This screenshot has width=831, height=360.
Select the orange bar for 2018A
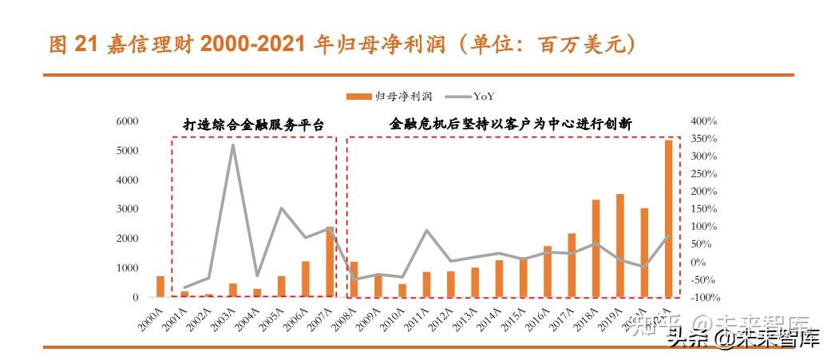[x=596, y=248]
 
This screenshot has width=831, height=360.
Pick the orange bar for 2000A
[x=160, y=287]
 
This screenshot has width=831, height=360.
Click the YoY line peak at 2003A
[x=232, y=145]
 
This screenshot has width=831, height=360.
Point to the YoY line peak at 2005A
[x=281, y=208]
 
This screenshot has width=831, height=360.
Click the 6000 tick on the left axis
[x=128, y=121]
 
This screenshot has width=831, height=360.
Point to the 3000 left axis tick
[x=128, y=209]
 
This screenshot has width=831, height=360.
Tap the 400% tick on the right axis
[x=704, y=121]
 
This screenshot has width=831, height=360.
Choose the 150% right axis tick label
[x=704, y=209]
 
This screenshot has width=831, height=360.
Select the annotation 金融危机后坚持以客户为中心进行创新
[x=511, y=125]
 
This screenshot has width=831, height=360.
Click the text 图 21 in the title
[x=71, y=45]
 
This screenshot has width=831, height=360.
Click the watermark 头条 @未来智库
[x=743, y=339]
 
